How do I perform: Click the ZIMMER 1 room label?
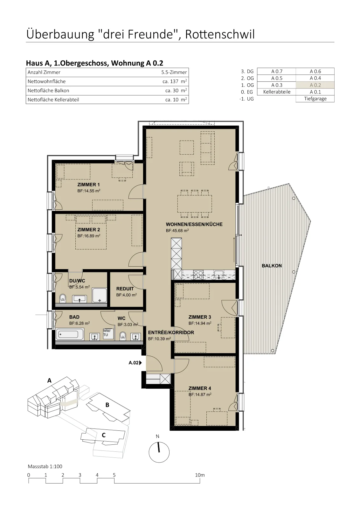[x=88, y=185]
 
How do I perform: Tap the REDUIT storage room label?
[x=125, y=289]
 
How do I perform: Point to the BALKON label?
[x=272, y=266]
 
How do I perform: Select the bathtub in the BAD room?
[x=70, y=334]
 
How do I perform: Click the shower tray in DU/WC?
[x=100, y=296]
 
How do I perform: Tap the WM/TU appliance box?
[x=108, y=334]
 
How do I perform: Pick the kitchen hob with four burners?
[x=198, y=275]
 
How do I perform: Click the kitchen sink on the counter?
[x=219, y=275]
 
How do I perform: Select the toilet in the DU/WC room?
[x=63, y=299]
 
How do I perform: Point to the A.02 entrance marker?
[x=135, y=363]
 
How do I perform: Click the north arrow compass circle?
[x=159, y=452]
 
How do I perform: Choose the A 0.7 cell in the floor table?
[x=277, y=71]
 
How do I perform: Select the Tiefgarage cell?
[x=315, y=99]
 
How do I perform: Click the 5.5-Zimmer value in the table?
[x=174, y=72]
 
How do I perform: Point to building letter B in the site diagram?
[x=107, y=405]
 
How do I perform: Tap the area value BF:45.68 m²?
[x=177, y=230]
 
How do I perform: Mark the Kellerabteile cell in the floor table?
[x=277, y=92]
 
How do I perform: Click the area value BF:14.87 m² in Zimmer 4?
[x=200, y=394]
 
